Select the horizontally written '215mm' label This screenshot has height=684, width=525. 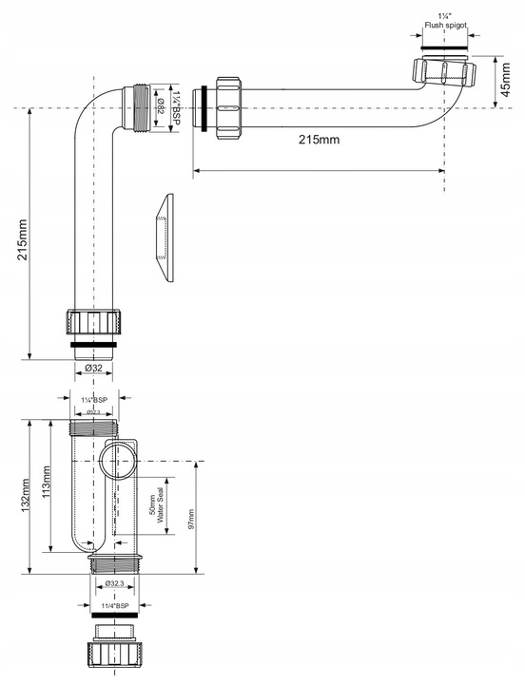(319, 139)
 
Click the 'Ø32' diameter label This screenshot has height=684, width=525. (93, 368)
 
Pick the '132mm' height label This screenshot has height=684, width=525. (23, 494)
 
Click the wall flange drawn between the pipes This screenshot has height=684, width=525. (165, 237)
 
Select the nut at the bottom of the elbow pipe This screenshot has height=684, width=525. (93, 323)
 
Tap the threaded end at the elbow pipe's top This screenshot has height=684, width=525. (140, 106)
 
